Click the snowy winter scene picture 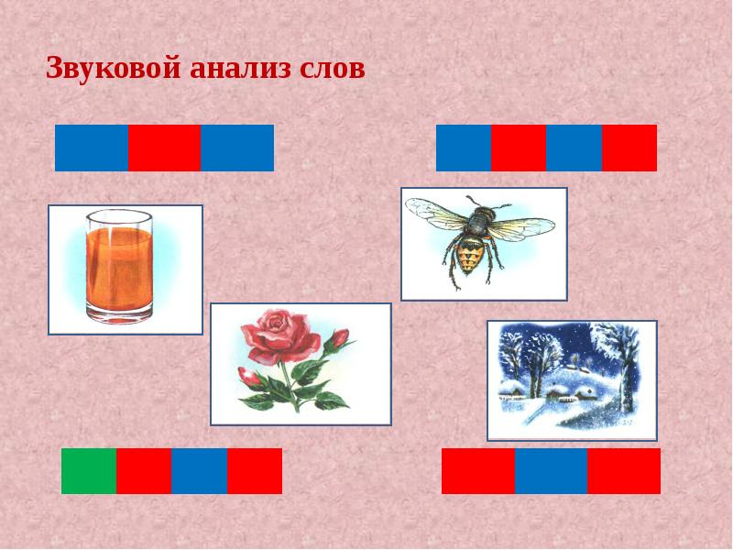(571, 380)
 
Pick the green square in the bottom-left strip (89, 471)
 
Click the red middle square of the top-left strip (164, 148)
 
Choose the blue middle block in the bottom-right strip (551, 471)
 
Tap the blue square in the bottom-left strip (199, 471)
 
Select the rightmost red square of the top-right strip (629, 148)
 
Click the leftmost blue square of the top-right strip (464, 148)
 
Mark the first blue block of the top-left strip (92, 148)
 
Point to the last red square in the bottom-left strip (255, 471)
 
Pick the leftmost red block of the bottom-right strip (478, 471)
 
